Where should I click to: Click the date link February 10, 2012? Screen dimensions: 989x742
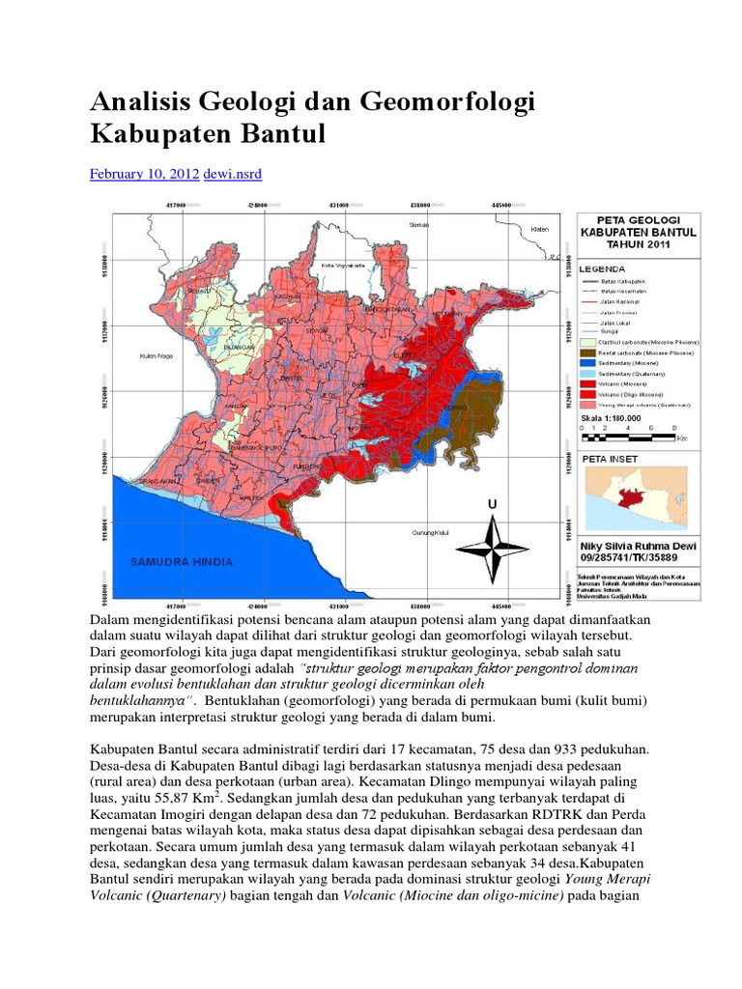point(144,174)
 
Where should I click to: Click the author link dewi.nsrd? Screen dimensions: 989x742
point(232,174)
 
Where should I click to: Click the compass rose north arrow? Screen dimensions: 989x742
point(492,548)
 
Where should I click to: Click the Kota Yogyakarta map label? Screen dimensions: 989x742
point(344,264)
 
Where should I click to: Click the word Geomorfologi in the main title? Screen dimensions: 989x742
point(435,102)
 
